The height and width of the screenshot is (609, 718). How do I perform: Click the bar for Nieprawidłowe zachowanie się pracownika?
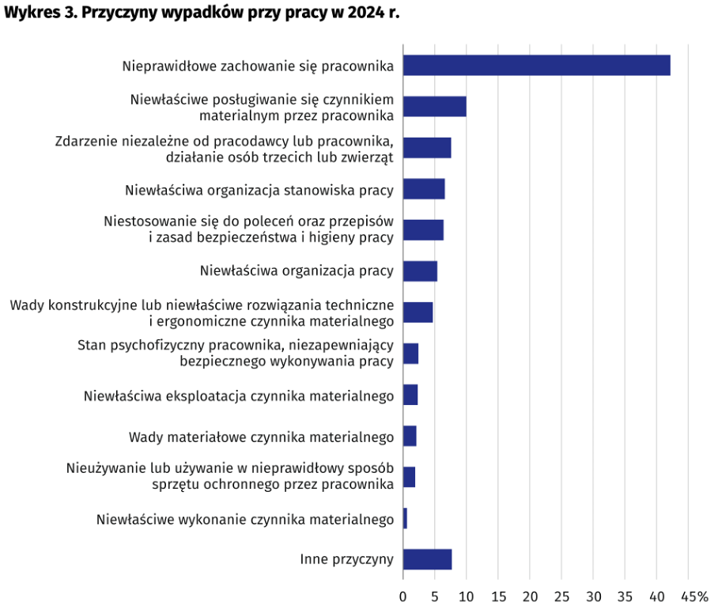pos(536,65)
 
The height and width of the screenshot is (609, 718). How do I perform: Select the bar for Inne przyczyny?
pos(427,559)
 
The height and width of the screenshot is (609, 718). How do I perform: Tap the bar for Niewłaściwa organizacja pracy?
pos(420,271)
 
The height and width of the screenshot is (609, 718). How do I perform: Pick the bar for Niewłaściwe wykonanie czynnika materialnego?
pos(405,518)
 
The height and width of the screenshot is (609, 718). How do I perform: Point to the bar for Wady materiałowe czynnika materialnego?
pos(410,436)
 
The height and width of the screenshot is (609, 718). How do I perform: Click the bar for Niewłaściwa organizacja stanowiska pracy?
pos(424,189)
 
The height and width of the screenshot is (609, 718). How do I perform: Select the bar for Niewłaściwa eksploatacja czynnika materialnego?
pos(410,395)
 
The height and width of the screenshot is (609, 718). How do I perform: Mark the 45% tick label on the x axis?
pos(693,596)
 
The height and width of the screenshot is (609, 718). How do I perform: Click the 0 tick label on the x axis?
pos(403,596)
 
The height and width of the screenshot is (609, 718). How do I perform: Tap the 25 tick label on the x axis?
pos(561,596)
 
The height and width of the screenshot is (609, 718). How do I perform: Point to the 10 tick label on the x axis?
pos(467,596)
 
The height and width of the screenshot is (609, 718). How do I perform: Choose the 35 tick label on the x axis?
pos(625,596)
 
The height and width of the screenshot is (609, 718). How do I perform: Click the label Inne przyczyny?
pos(346,559)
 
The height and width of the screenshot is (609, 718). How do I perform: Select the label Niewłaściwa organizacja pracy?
pos(297,271)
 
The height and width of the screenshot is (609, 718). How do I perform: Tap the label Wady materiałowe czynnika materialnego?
pos(261,436)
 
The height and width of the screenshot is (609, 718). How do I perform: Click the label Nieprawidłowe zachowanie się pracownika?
pos(258,66)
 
